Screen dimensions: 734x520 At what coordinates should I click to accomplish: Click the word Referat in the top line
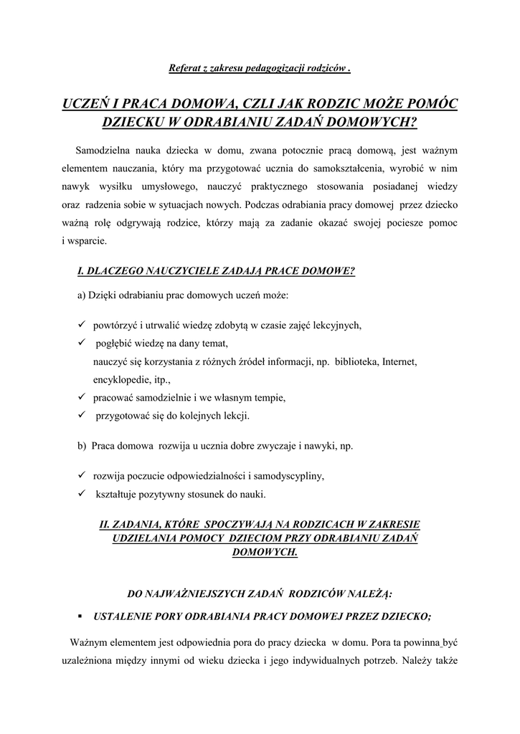click(x=183, y=69)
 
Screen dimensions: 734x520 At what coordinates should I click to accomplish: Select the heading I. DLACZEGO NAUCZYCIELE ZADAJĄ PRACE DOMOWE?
click(x=216, y=271)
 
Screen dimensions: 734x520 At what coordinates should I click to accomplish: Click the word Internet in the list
click(x=400, y=361)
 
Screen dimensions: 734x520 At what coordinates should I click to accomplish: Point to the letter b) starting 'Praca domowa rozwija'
click(x=82, y=445)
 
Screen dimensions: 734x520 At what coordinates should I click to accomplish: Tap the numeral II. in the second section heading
click(x=104, y=523)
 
